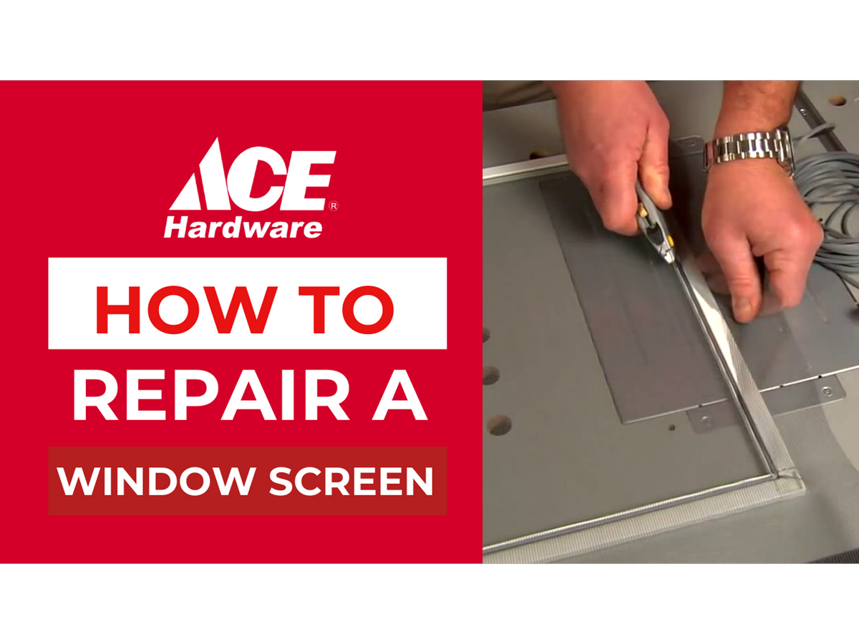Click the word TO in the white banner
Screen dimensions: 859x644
346,310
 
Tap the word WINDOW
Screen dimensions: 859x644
155,481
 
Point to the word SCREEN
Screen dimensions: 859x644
351,481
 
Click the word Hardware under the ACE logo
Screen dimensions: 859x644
243,228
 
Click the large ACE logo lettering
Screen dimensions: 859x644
253,175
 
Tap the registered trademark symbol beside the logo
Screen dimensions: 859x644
334,206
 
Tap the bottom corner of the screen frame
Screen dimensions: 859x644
776,477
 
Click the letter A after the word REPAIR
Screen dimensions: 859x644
399,395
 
